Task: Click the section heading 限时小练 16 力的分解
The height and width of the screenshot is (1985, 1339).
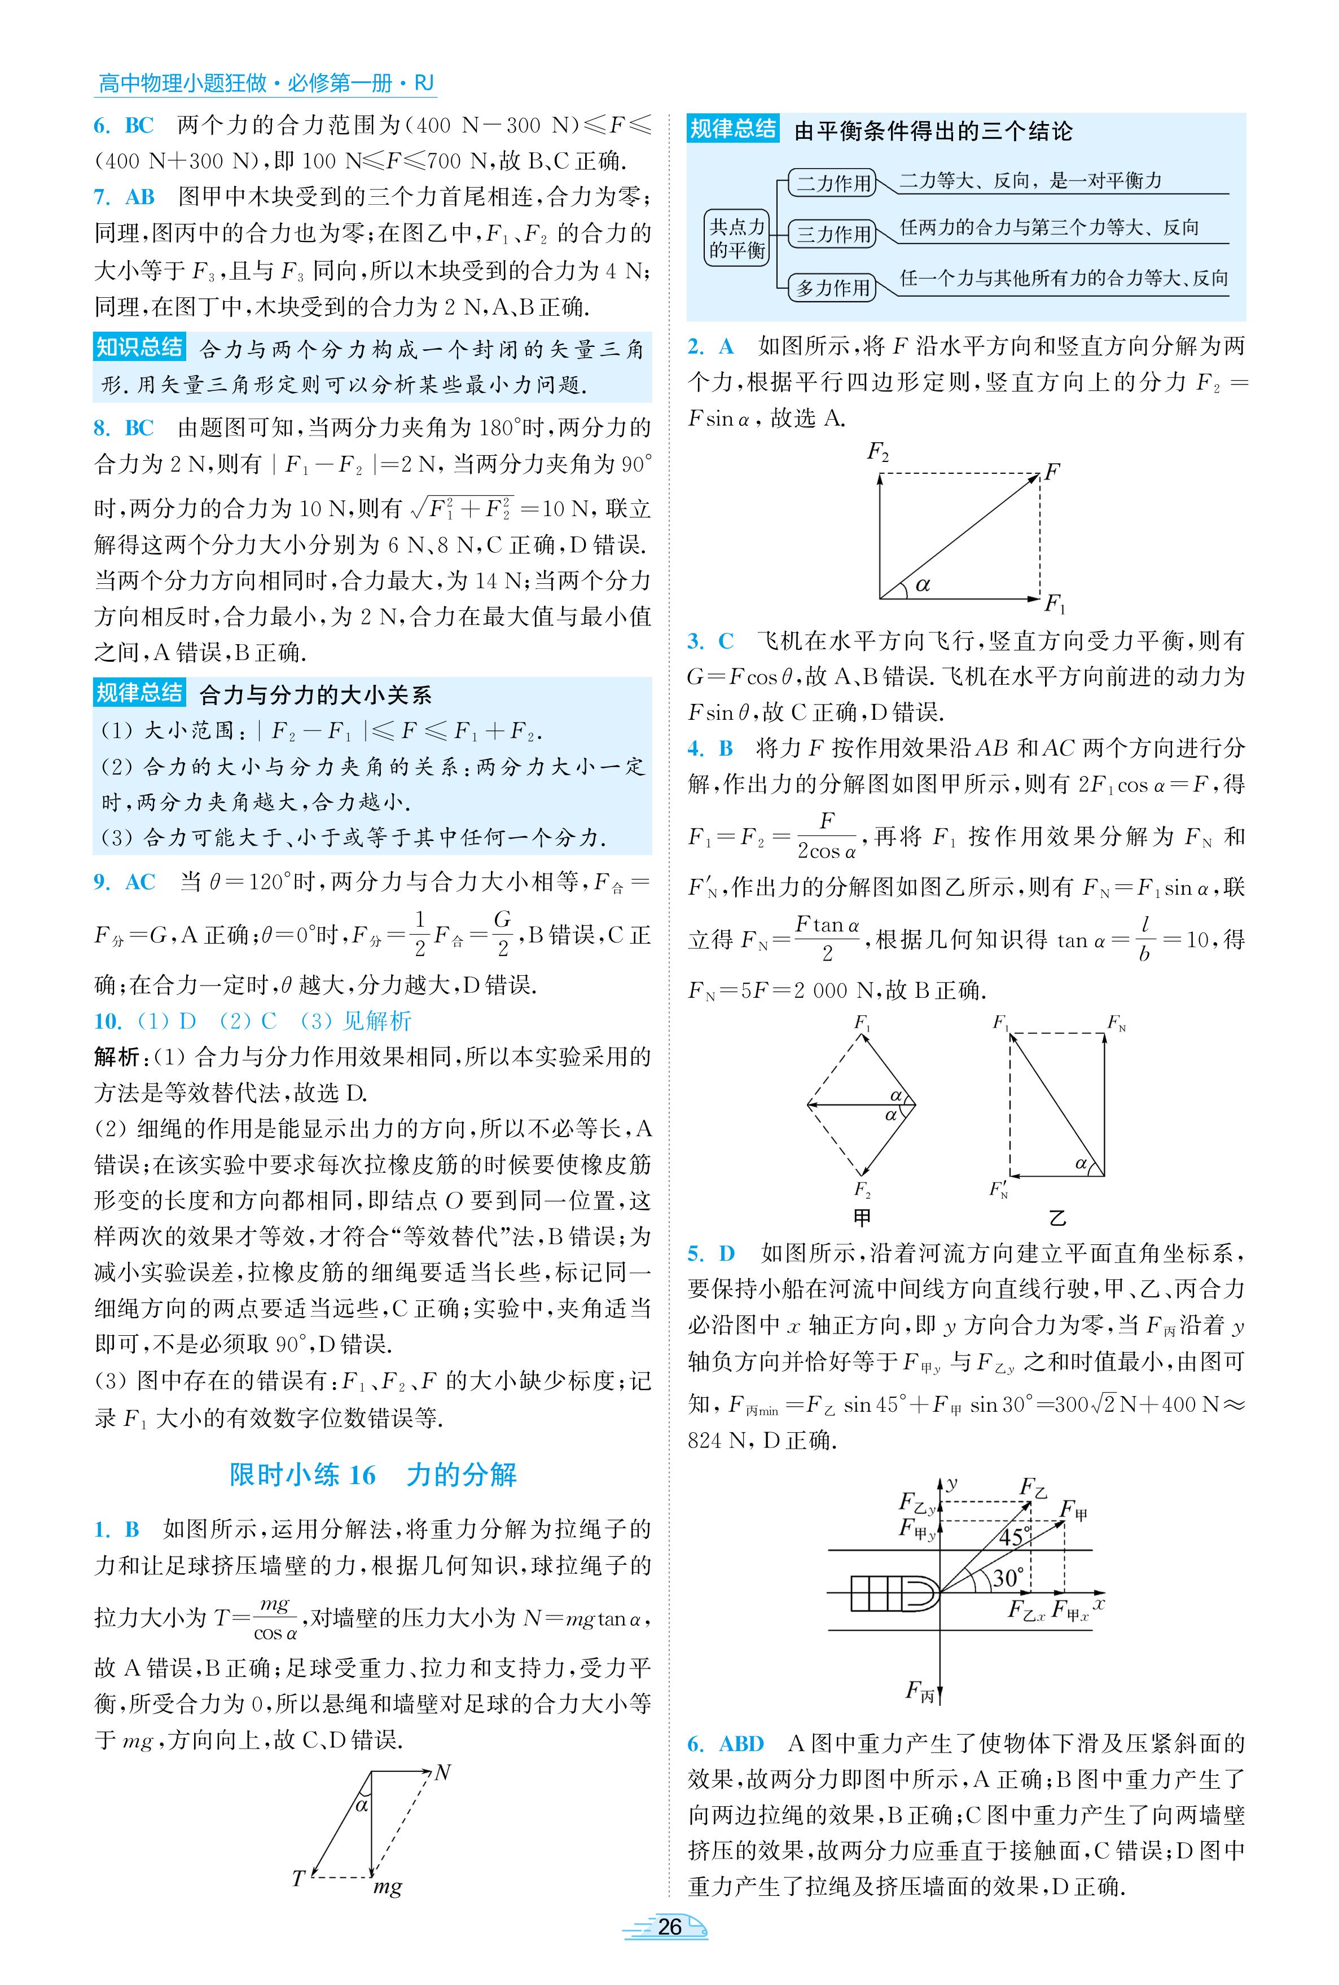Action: tap(373, 1475)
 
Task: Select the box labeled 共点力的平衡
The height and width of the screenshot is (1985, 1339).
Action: tap(737, 238)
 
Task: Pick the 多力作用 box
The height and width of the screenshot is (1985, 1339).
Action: tap(833, 288)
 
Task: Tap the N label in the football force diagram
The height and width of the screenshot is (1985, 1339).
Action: tap(441, 1773)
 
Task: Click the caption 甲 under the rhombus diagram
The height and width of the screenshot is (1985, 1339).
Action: tap(863, 1217)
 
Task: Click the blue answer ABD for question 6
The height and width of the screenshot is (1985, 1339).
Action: tap(741, 1744)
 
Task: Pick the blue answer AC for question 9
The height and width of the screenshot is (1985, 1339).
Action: tap(140, 882)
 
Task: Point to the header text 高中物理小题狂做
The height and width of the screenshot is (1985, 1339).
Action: tap(183, 83)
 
